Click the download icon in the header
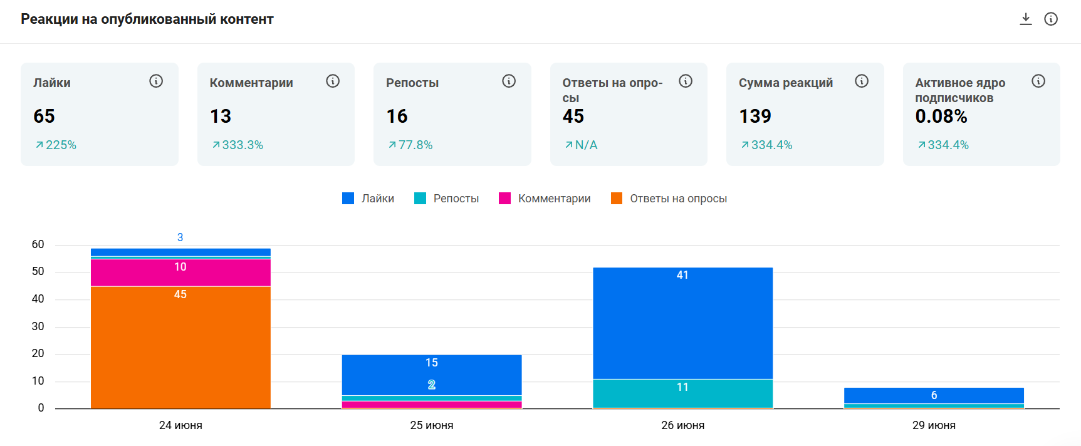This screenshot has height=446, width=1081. coord(1026,19)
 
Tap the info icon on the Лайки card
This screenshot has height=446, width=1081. coord(156,81)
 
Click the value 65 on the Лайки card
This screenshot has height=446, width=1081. coord(44,116)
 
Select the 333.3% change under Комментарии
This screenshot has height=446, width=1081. coord(238,145)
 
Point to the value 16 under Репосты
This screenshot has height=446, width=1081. coord(397,116)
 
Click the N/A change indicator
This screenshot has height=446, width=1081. coord(581,145)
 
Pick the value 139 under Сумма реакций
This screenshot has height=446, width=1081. coord(755,116)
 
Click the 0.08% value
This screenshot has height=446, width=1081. coord(941,116)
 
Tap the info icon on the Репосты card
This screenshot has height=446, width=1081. coord(509,81)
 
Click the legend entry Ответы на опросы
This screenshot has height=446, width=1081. coord(669,199)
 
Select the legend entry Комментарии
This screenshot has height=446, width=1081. coord(545,199)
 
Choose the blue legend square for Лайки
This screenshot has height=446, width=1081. coord(348,199)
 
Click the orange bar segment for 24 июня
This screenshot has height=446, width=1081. coord(180,348)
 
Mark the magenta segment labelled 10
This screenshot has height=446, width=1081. coord(180,272)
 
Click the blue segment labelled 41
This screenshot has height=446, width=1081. coord(682,323)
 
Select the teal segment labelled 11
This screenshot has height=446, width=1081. coord(682,393)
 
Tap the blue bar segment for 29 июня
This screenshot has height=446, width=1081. coord(934,395)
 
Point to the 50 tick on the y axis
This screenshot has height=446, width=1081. coord(38,271)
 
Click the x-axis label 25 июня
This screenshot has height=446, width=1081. coord(432,425)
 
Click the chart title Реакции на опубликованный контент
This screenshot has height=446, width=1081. coord(147,19)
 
